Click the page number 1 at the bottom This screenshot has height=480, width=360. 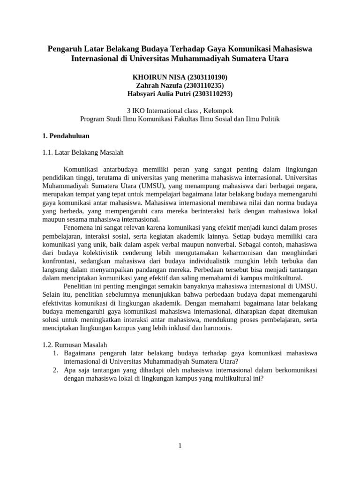[180, 446]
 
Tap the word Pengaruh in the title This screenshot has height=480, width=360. [64, 49]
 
